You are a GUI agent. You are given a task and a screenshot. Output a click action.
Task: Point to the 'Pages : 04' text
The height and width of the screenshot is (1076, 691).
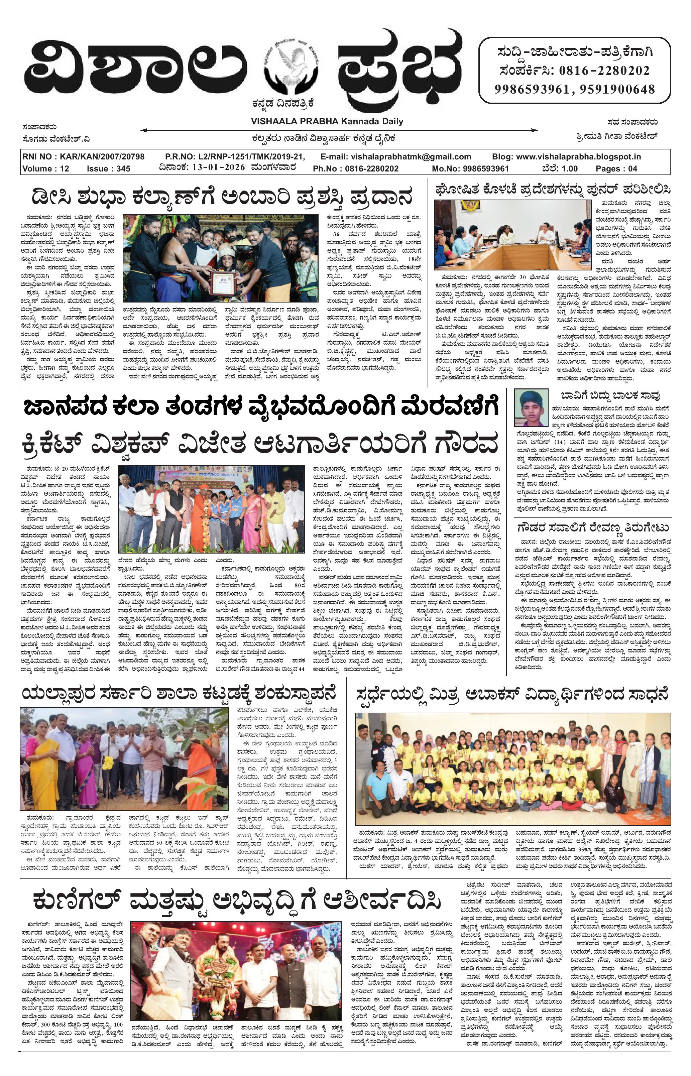tap(616, 169)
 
